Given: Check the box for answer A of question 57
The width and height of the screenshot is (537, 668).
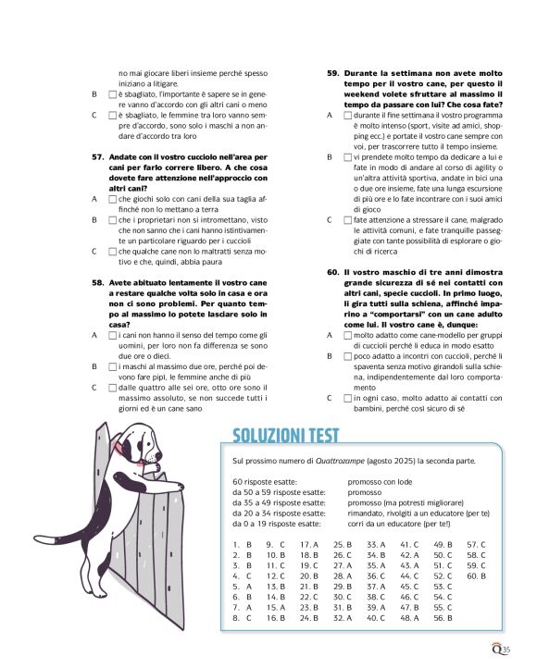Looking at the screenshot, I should tap(113, 199).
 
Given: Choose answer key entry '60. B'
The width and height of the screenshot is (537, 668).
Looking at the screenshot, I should tap(475, 575).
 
